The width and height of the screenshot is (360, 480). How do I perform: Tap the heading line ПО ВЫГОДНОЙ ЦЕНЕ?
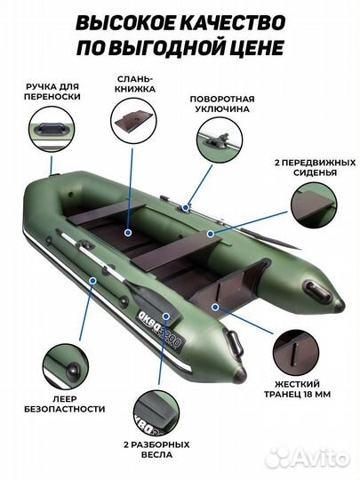tap(180, 47)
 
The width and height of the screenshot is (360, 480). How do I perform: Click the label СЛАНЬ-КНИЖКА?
tap(135, 84)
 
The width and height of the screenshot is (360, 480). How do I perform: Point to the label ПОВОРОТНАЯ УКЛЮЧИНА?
tap(228, 103)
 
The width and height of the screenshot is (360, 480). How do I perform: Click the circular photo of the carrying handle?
tap(52, 132)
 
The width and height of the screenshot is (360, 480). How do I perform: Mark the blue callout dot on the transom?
tap(216, 305)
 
